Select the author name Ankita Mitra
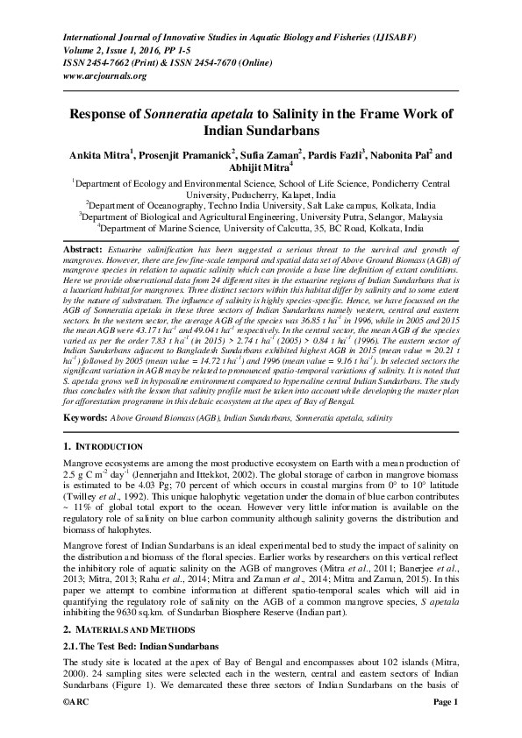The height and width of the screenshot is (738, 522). (99, 155)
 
